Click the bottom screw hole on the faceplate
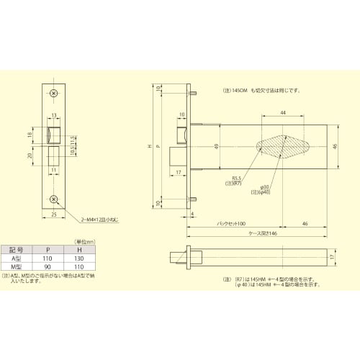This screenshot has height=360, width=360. tap(54, 199)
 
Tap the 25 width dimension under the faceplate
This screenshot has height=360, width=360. tap(54, 214)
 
